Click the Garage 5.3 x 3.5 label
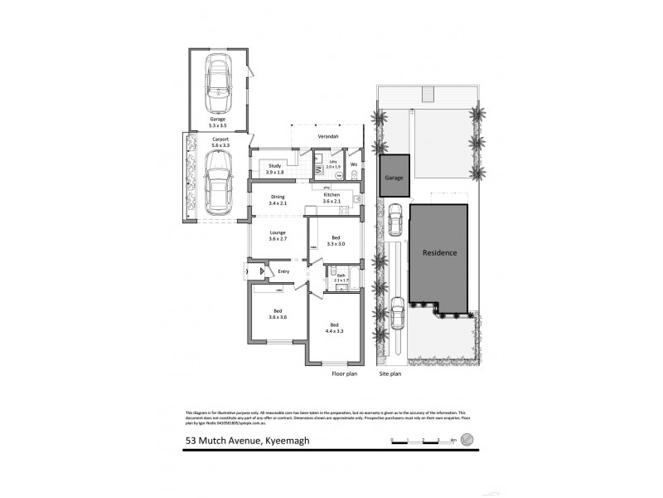click(x=217, y=122)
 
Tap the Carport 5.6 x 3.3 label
click(x=220, y=142)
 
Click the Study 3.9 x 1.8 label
click(x=275, y=169)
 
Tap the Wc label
click(x=354, y=164)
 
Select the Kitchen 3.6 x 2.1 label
click(x=331, y=198)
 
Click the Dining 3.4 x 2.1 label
click(x=278, y=199)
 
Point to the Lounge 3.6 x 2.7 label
click(x=277, y=236)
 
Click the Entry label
click(x=283, y=271)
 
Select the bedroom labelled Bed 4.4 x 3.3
click(x=335, y=327)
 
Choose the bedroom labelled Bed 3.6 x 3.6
click(x=277, y=315)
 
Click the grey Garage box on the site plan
click(x=394, y=176)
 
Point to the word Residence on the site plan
click(x=438, y=253)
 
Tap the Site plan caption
click(x=390, y=374)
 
